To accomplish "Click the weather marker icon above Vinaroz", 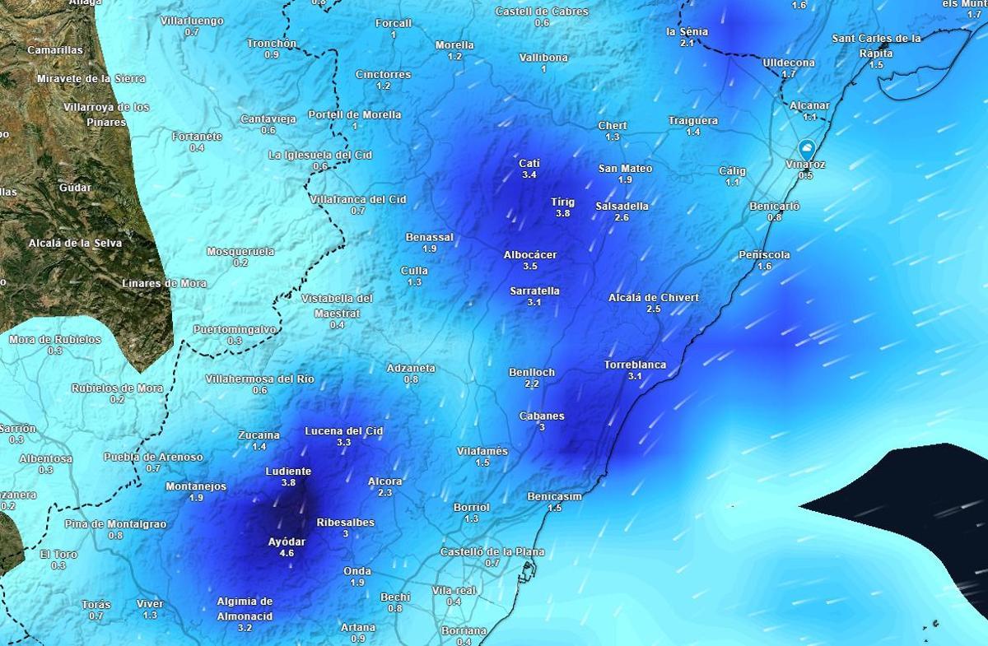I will tap(806, 150).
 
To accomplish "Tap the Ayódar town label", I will tap(287, 541).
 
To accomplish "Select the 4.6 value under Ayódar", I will tap(287, 553).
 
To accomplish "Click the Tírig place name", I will tap(562, 202).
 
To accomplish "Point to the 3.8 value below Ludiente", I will tap(288, 482).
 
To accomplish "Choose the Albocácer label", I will tap(530, 255).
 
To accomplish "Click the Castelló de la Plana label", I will tap(492, 551).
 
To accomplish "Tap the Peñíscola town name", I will tap(764, 255).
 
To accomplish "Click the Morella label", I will tap(454, 45).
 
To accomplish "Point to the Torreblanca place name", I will tap(635, 365).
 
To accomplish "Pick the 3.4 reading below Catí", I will tap(529, 174).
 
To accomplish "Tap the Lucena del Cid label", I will tap(343, 430).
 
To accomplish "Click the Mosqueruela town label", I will tap(240, 251).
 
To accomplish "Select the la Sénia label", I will tap(687, 31).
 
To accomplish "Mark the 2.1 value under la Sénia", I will tap(687, 42).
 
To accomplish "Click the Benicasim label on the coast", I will tap(554, 497).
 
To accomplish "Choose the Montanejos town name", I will tap(196, 486).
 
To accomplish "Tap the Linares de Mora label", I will tap(164, 283).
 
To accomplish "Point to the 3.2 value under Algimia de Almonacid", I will tap(245, 627).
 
